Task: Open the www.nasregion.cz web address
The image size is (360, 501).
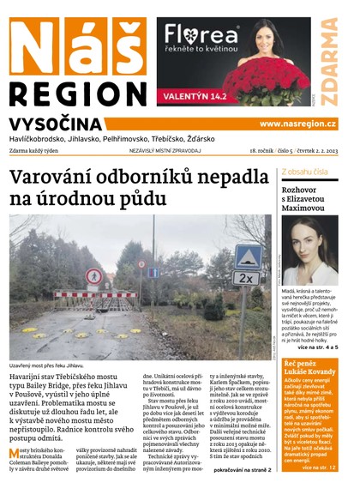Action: coord(297,124)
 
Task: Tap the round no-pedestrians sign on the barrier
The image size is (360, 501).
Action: coord(93,275)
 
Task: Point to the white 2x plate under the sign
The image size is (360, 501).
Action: coord(246,279)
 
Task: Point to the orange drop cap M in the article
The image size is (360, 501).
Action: coord(15,453)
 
